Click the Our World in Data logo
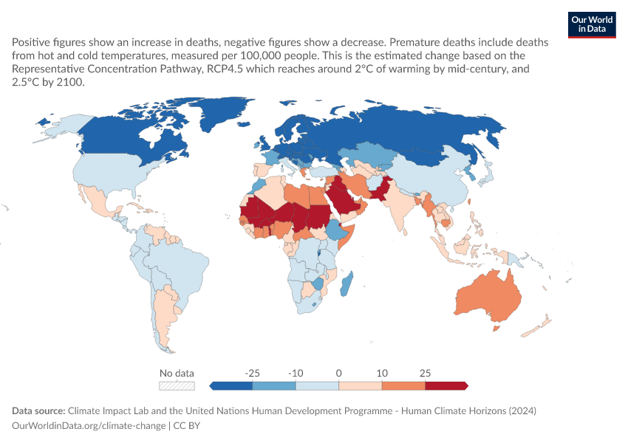[x=592, y=25]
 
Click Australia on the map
[x=488, y=297]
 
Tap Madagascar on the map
[x=347, y=284]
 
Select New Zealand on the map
[x=536, y=326]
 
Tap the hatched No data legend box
[x=177, y=385]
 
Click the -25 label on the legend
[x=253, y=373]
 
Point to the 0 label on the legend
[x=339, y=373]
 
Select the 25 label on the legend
[x=425, y=373]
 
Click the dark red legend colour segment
[x=446, y=385]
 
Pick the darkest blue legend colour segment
[x=231, y=385]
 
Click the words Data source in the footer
[x=38, y=411]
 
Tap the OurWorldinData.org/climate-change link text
[x=89, y=425]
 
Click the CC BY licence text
[x=187, y=425]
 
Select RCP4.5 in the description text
[x=225, y=69]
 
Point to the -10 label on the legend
[x=296, y=373]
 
